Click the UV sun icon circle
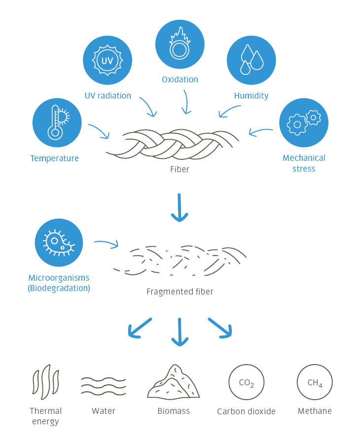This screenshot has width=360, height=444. (107, 60)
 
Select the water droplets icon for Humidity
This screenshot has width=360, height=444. (251, 60)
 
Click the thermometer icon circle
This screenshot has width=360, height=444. (57, 123)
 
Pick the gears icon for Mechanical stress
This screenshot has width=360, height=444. (303, 123)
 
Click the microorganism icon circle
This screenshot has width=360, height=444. (59, 242)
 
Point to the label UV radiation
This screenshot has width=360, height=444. (108, 96)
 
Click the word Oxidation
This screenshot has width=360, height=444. (180, 79)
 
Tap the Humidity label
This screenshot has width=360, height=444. (252, 96)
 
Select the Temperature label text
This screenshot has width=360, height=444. (54, 158)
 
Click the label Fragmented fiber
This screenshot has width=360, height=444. (180, 292)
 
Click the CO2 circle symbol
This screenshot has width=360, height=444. (247, 383)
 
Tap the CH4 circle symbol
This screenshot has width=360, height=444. (315, 383)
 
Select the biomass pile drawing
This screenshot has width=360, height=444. (174, 383)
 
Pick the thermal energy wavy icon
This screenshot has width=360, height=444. (45, 383)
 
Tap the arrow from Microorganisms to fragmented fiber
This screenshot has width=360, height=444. (106, 244)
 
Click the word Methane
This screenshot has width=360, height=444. (315, 411)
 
